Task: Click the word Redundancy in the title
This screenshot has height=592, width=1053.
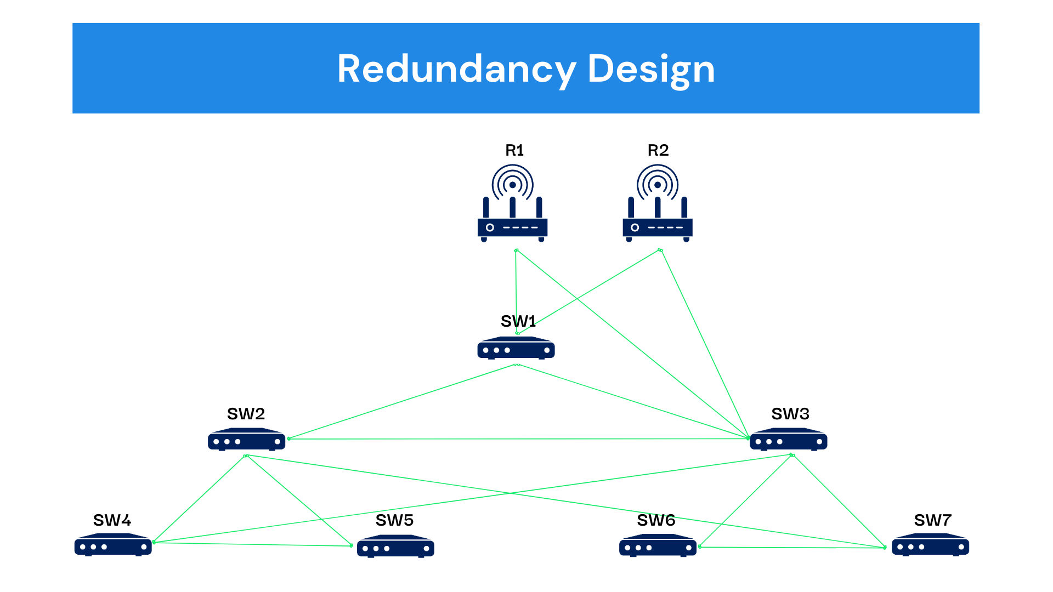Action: (x=456, y=69)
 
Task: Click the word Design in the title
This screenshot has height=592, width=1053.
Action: (x=651, y=69)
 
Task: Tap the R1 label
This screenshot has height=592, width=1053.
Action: (x=514, y=150)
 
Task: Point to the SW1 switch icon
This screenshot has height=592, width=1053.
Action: (x=516, y=348)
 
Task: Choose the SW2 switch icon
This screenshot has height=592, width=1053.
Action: (x=246, y=440)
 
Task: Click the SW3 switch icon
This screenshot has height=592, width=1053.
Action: (x=788, y=440)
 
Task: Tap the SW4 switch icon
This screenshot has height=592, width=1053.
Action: (x=113, y=545)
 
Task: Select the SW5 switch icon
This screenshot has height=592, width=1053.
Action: (x=395, y=547)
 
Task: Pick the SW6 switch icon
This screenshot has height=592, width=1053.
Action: (x=658, y=545)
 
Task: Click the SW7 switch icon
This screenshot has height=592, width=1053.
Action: (x=930, y=545)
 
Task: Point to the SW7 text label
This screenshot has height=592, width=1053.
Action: (x=932, y=520)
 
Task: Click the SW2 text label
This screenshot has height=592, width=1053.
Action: (x=246, y=414)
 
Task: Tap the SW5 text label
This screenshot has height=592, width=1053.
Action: (x=394, y=520)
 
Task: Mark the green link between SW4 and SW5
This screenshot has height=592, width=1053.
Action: (x=252, y=544)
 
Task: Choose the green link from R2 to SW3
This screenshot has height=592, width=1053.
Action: (x=705, y=344)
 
